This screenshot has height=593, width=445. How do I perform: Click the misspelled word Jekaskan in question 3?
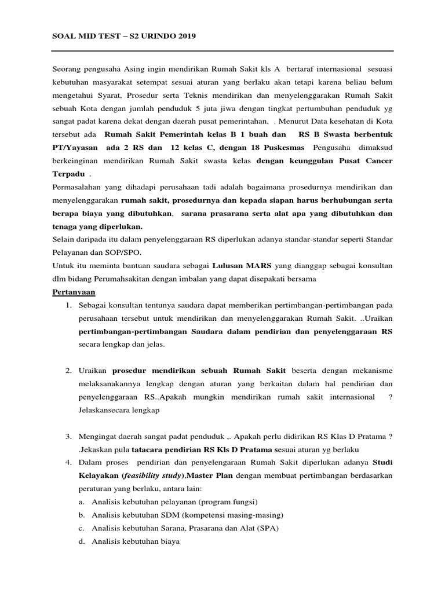pyautogui.click(x=93, y=450)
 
